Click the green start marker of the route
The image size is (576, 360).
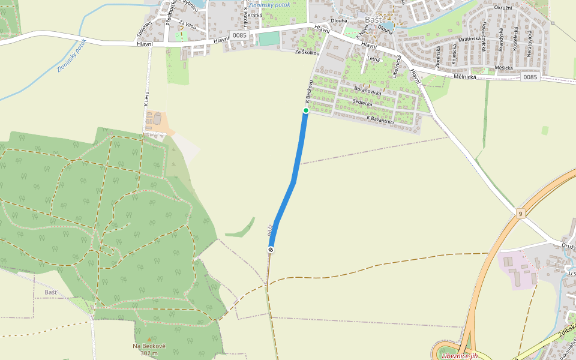coord(305,110)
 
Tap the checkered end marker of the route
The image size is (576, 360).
coord(271,250)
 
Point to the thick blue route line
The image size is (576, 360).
coord(294,180)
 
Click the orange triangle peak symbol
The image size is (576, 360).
coord(149,340)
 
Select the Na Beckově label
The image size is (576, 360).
coord(149,346)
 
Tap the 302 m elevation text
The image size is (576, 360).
coord(149,353)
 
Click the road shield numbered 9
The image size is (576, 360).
coord(520,213)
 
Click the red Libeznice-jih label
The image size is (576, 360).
coord(458,356)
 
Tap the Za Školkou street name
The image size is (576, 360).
coord(307,52)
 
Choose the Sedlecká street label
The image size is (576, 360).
coord(363,104)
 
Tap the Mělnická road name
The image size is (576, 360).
coord(465,77)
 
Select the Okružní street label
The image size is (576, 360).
coord(502,7)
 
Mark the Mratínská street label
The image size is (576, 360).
coord(469,38)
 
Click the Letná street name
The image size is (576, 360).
coord(374,59)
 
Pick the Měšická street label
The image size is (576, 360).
coord(504,68)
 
